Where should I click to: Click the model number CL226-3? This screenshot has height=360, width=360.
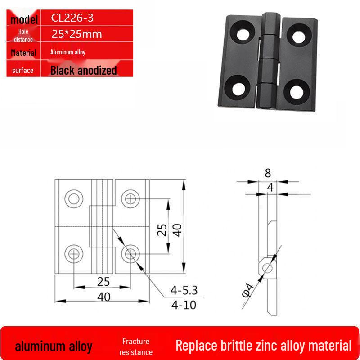[72, 18]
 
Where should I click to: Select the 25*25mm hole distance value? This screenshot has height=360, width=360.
[76, 34]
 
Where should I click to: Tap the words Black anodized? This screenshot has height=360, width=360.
[84, 71]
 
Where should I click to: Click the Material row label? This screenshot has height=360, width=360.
[24, 53]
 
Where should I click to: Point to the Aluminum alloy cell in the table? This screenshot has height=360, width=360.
[68, 52]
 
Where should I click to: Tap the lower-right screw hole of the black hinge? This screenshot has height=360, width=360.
[297, 92]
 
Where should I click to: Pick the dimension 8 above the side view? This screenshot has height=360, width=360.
[268, 173]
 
